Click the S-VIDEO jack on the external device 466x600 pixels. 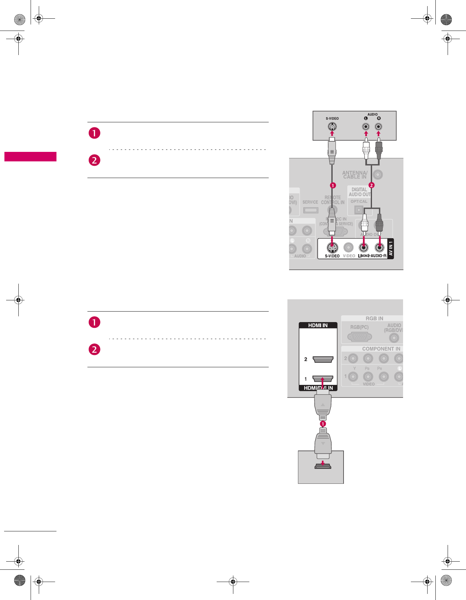pos(332,127)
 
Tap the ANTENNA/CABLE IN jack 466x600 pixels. pos(378,175)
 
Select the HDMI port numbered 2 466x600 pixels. pos(322,359)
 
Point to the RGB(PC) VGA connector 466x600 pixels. pos(360,337)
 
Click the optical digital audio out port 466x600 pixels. pos(359,210)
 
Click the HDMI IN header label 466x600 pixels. pos(318,325)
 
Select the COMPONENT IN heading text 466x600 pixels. pos(381,349)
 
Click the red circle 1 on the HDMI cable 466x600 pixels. pos(323,424)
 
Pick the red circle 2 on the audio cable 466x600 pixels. pos(371,185)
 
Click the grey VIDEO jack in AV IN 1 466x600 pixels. pos(348,247)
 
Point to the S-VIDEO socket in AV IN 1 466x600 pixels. pos(332,248)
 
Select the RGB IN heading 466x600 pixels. pos(374,318)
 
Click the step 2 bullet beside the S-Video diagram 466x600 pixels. pos(95,160)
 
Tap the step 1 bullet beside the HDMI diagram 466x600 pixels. pos(95,322)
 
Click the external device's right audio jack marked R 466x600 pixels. pos(378,127)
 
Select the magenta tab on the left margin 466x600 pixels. pos(30,157)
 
